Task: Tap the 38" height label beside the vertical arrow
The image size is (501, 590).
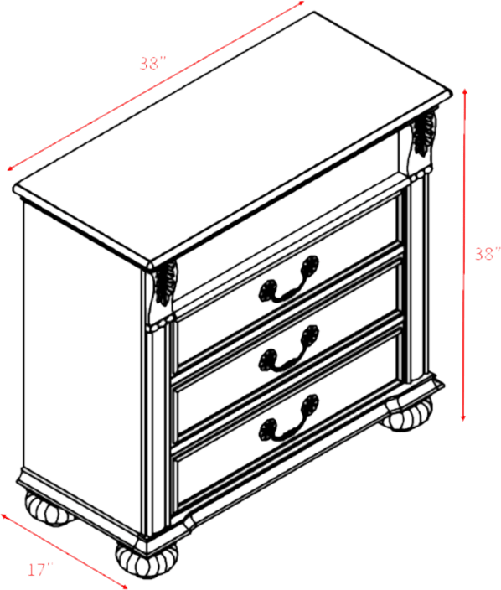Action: pyautogui.click(x=487, y=255)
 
